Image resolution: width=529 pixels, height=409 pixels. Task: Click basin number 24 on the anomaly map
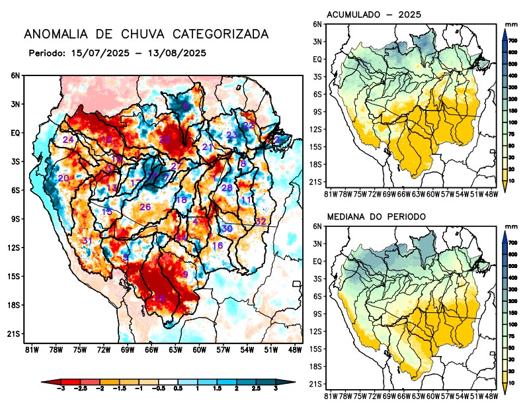[68, 140]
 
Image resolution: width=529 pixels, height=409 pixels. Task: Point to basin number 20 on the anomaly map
[63, 178]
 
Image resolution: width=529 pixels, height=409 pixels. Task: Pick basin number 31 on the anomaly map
[87, 240]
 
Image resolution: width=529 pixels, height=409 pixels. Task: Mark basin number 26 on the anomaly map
[145, 207]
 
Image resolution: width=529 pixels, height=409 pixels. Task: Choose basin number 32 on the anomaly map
[261, 221]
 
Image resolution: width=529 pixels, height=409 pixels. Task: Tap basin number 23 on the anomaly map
[232, 135]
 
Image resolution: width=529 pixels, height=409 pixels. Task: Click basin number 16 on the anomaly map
[217, 246]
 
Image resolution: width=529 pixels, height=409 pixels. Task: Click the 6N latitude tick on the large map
[15, 75]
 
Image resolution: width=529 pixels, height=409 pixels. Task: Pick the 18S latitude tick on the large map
[14, 305]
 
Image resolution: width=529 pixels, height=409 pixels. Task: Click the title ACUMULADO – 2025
[374, 15]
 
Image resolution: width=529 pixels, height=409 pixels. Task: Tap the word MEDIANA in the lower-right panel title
[348, 217]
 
